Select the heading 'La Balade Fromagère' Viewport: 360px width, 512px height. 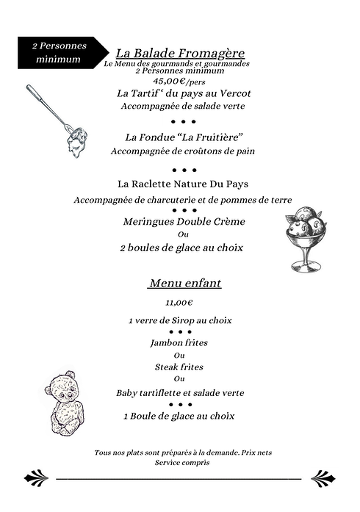pyautogui.click(x=180, y=53)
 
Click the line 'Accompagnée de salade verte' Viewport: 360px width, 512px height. pyautogui.click(x=183, y=107)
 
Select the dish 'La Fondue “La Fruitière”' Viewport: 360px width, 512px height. pyautogui.click(x=184, y=137)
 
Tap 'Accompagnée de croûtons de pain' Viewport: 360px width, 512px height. pyautogui.click(x=182, y=151)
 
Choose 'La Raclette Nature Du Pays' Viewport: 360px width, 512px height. pyautogui.click(x=183, y=184)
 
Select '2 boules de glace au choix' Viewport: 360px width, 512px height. pyautogui.click(x=181, y=248)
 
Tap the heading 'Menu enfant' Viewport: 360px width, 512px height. pyautogui.click(x=184, y=283)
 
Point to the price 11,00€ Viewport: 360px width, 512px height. pyautogui.click(x=179, y=302)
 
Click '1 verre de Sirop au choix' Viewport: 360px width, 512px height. pyautogui.click(x=180, y=320)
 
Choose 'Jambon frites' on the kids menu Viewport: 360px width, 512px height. pyautogui.click(x=179, y=343)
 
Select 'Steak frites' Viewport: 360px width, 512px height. pyautogui.click(x=179, y=367)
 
